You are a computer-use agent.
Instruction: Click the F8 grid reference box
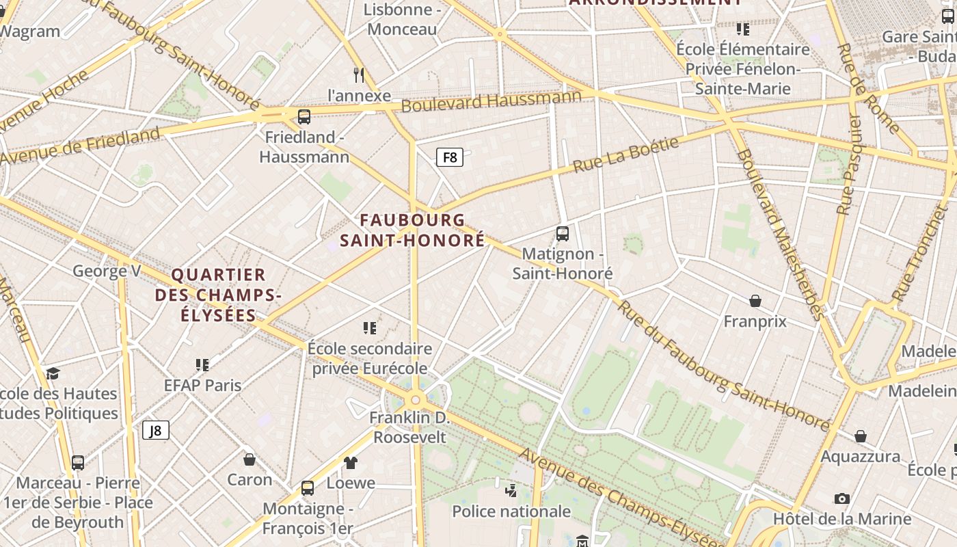click(x=450, y=157)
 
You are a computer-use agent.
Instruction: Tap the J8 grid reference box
click(x=156, y=430)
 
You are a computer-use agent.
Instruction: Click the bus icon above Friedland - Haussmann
click(x=304, y=116)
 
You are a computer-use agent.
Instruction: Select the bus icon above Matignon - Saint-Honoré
click(x=563, y=234)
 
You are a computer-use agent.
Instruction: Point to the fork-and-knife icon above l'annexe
click(x=359, y=75)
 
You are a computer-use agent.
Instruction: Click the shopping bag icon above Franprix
click(x=755, y=301)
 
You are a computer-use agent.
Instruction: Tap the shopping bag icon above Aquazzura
click(x=861, y=436)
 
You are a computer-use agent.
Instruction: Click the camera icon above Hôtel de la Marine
click(x=842, y=498)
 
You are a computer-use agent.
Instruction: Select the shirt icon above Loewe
click(x=351, y=463)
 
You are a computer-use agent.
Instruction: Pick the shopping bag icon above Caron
click(x=250, y=459)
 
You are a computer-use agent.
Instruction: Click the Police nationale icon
click(x=511, y=490)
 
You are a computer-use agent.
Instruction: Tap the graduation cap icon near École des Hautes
click(x=53, y=373)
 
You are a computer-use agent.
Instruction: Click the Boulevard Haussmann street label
click(x=491, y=101)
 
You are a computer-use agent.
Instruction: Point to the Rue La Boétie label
click(x=626, y=155)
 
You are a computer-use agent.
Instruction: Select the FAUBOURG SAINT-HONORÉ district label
click(x=412, y=230)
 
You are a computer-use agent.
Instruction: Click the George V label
click(x=107, y=271)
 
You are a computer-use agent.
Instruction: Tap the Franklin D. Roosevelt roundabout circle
click(x=415, y=400)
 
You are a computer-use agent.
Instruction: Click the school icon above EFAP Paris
click(x=202, y=364)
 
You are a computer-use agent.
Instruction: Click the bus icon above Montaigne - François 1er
click(x=308, y=488)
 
